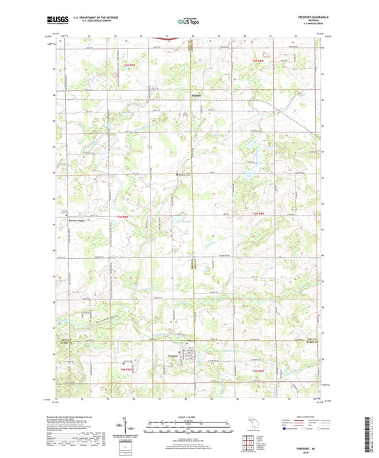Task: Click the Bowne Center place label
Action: [x=77, y=220]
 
